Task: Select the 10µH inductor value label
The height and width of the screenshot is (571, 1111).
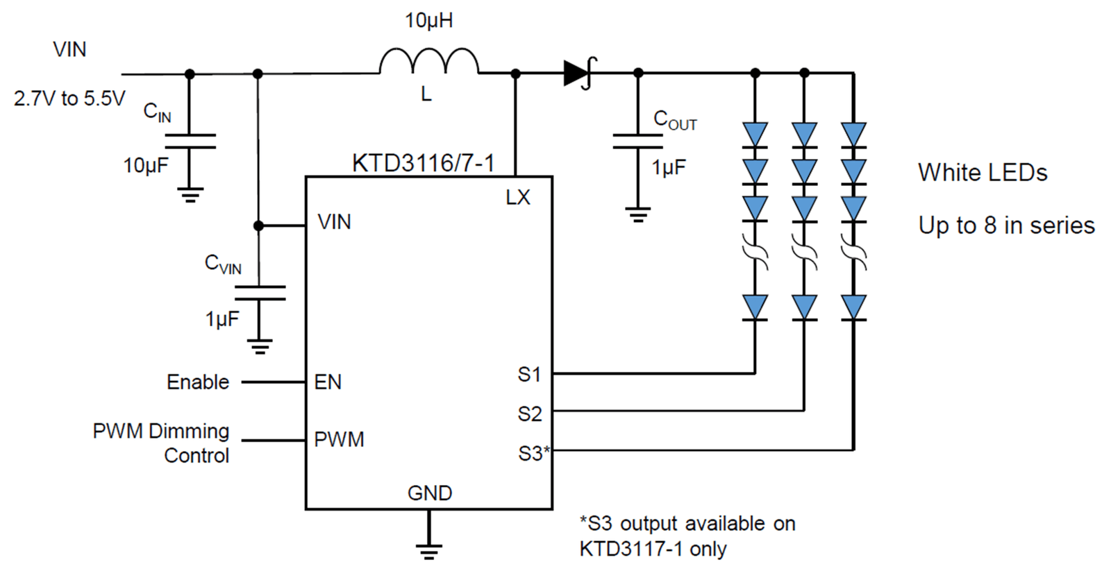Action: [429, 20]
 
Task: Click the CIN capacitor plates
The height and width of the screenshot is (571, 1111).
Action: [190, 142]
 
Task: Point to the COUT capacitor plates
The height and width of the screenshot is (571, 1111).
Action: [638, 142]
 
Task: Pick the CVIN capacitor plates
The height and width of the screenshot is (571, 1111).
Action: [260, 293]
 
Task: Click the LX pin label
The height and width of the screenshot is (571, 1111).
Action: [518, 198]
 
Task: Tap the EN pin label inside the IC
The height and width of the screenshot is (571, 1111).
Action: [328, 382]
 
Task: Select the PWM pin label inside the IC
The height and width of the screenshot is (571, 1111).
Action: [340, 440]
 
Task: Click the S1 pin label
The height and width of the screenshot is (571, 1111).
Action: [529, 375]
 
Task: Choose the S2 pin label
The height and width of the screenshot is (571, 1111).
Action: [530, 414]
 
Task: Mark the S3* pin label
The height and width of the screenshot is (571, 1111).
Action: [534, 454]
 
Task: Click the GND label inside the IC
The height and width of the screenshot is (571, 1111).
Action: [430, 493]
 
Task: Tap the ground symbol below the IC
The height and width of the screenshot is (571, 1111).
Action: [429, 552]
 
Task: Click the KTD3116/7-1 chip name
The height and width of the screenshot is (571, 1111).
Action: [423, 163]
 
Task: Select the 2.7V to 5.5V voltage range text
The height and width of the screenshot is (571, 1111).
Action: [69, 99]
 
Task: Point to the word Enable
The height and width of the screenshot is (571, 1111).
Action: [198, 382]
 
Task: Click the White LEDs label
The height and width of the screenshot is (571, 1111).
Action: [983, 173]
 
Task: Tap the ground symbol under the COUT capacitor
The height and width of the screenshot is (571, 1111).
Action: [638, 214]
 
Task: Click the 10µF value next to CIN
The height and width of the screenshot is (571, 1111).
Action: [146, 166]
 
